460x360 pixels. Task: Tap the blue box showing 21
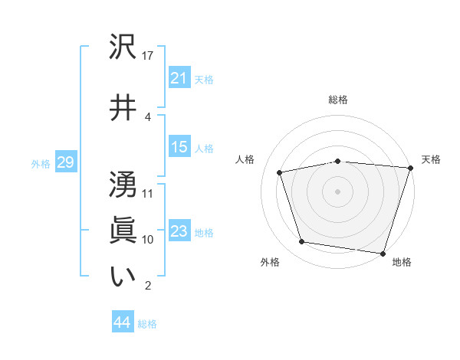click(179, 77)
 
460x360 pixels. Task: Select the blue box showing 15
click(179, 147)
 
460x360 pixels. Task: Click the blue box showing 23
click(179, 231)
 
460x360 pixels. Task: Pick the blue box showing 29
click(65, 162)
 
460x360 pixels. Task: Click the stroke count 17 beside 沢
click(148, 56)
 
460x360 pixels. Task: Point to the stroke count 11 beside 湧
click(148, 193)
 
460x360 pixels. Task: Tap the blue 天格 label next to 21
click(204, 79)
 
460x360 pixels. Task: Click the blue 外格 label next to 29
click(41, 163)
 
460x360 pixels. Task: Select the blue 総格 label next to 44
click(147, 324)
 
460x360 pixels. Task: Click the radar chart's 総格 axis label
click(338, 100)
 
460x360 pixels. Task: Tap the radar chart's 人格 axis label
click(245, 159)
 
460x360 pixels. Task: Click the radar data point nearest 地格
click(383, 253)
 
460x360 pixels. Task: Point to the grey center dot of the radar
click(338, 191)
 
